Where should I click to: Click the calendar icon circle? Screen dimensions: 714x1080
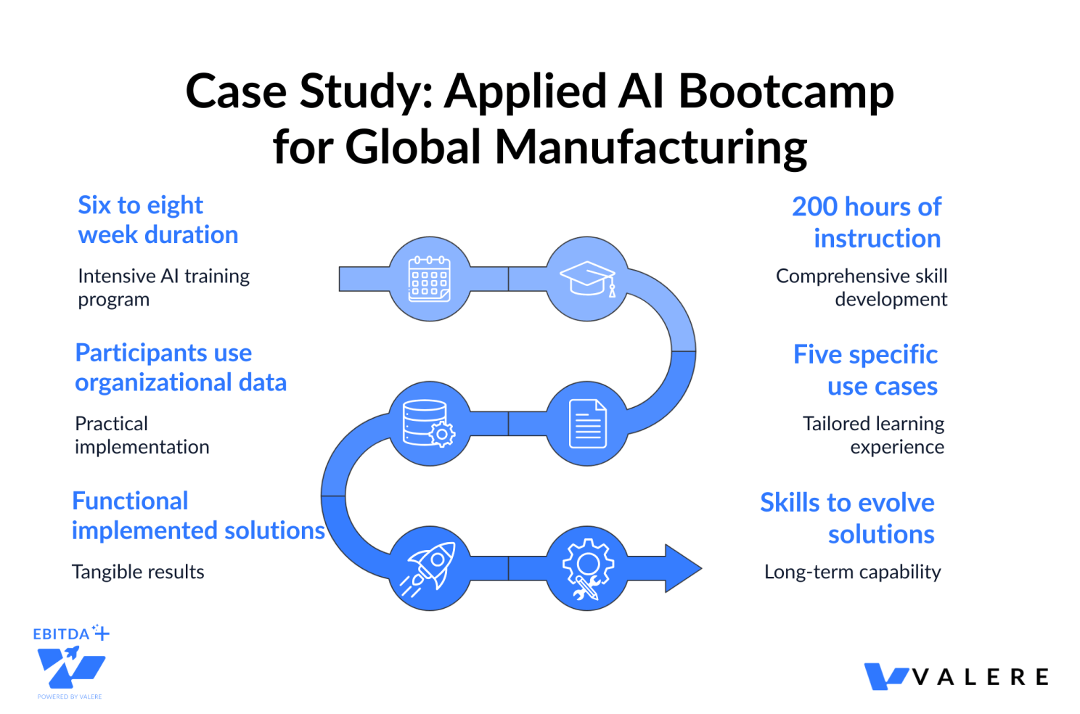coord(430,279)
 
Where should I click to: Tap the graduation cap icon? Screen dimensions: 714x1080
coord(587,279)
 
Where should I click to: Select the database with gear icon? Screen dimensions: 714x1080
coord(429,423)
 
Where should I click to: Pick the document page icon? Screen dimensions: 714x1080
coord(587,423)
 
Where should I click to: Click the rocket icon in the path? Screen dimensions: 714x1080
coord(430,568)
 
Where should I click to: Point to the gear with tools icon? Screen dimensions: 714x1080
coord(587,568)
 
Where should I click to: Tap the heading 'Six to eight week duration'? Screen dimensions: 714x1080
coord(158,220)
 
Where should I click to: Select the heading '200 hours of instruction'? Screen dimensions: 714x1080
coord(867,222)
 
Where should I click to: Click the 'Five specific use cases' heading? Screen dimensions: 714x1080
coord(866,370)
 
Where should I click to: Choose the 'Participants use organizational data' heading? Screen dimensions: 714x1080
coord(181,367)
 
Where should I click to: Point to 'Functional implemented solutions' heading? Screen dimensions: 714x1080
coord(197,515)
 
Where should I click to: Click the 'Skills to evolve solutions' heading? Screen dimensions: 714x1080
coord(848,518)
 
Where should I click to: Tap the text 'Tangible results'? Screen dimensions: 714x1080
coord(138,572)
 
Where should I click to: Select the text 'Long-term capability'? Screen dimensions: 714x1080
coord(853,572)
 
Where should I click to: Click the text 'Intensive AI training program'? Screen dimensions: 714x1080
coord(163,287)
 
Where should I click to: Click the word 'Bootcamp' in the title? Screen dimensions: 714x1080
coord(785,92)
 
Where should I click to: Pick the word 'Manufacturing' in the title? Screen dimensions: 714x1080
coord(650,147)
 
